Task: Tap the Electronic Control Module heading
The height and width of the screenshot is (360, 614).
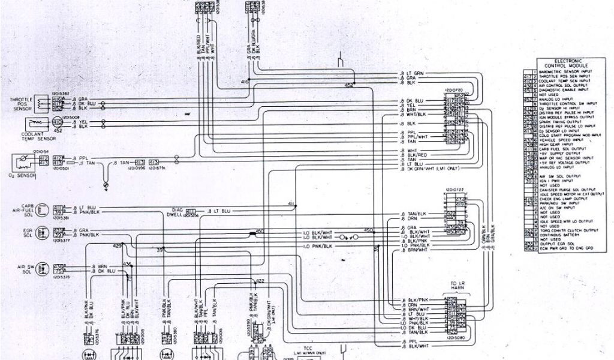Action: click(x=567, y=63)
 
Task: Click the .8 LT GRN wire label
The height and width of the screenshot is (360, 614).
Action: click(x=412, y=73)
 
